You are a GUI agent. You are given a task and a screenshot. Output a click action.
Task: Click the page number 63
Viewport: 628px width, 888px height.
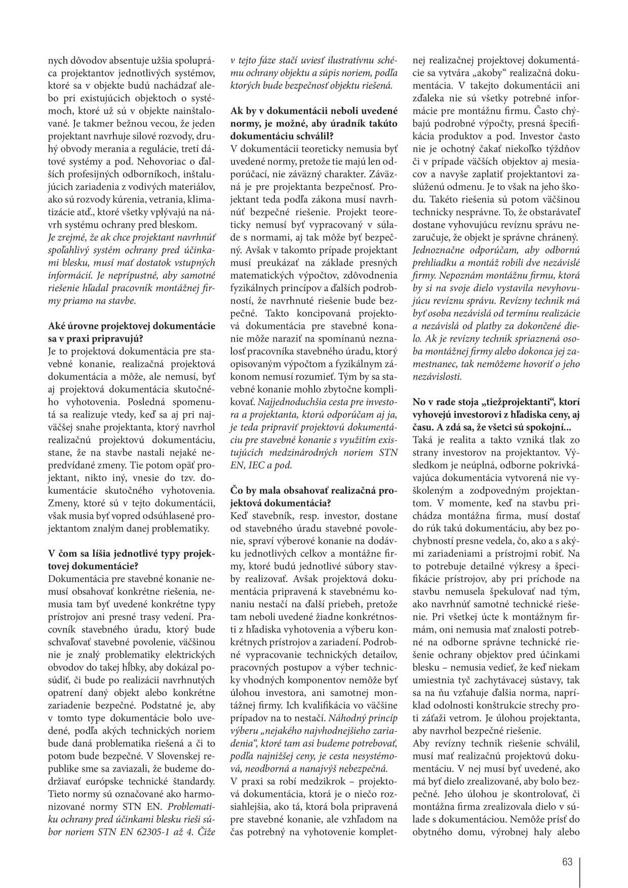tap(567, 862)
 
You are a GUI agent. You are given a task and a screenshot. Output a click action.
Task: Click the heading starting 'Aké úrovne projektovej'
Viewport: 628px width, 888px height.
tap(131, 332)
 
